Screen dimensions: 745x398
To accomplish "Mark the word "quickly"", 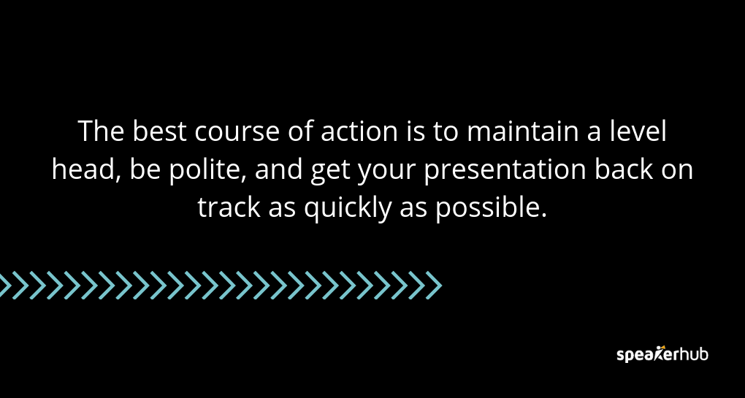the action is pyautogui.click(x=348, y=210).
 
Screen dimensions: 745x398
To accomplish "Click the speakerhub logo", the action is pyautogui.click(x=662, y=354).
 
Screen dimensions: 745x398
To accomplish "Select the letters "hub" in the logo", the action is pyautogui.click(x=693, y=354).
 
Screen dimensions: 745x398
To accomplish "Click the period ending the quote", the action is pyautogui.click(x=544, y=217).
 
